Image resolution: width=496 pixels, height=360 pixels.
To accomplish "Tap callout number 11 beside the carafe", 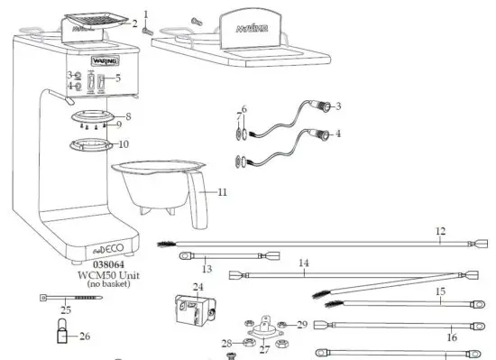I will (x=222, y=191).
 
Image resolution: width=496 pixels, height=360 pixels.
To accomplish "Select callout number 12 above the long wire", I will (x=440, y=231).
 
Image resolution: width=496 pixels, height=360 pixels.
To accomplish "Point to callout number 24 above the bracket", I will (x=197, y=288).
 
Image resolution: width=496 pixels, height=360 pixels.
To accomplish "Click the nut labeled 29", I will (x=283, y=324).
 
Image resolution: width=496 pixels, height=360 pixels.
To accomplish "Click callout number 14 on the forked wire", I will (x=304, y=263).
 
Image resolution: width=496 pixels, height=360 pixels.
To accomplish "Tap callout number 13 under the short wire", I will (x=206, y=268).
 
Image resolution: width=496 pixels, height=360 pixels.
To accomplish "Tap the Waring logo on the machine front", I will (x=106, y=61).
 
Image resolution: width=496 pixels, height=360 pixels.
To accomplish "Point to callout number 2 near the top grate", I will (x=135, y=24).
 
